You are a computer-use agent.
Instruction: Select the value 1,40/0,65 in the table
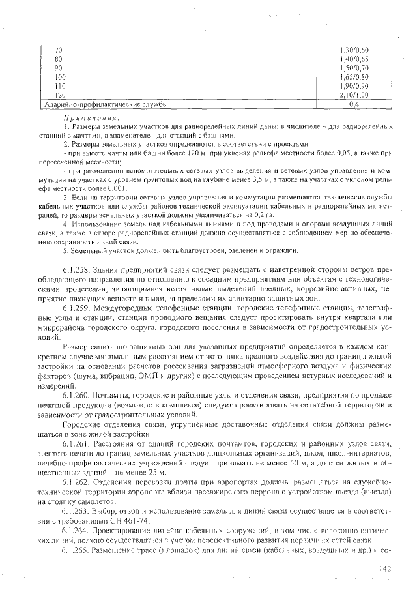tap(354, 59)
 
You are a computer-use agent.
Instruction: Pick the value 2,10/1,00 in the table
tap(354, 95)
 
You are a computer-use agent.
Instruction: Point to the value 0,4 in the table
tap(354, 104)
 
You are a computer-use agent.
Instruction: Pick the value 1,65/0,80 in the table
tap(354, 77)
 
